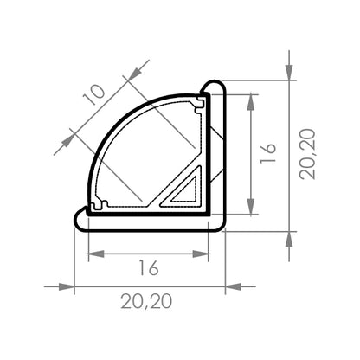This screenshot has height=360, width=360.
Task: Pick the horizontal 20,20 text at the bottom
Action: pos(147,302)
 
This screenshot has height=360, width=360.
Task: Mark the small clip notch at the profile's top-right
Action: pos(201,103)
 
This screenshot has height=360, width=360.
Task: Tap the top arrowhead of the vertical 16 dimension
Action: pos(251,98)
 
